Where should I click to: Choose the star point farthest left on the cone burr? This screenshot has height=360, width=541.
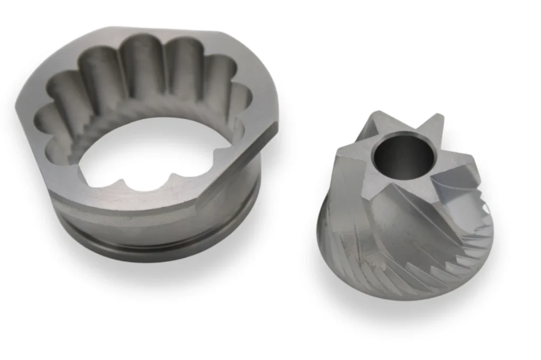tap(338, 153)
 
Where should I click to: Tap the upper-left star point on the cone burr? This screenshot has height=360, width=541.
tap(371, 115)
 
